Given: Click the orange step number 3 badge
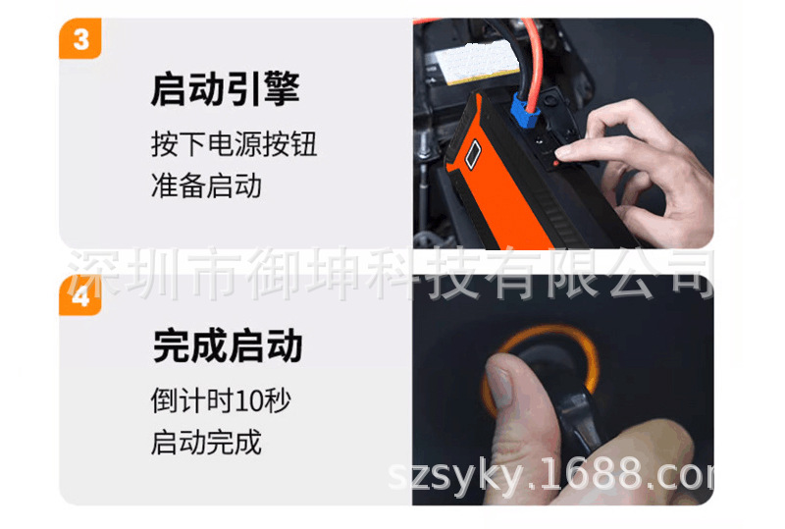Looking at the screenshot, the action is [80, 38].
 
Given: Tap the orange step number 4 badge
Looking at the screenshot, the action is [80, 295].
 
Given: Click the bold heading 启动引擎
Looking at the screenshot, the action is [226, 88].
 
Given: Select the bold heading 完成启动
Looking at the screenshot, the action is [228, 345].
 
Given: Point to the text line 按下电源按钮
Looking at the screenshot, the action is [234, 144].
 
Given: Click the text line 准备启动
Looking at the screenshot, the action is [206, 185].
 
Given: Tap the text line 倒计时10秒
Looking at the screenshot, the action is [221, 400].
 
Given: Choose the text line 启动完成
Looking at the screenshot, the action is [206, 443].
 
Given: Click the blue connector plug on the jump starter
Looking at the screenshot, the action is [526, 111].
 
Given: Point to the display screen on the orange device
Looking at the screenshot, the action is [473, 154].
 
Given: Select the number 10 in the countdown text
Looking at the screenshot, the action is [246, 401].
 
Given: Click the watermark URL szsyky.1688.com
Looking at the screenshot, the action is [551, 475].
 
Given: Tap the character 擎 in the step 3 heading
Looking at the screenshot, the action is [282, 88].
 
